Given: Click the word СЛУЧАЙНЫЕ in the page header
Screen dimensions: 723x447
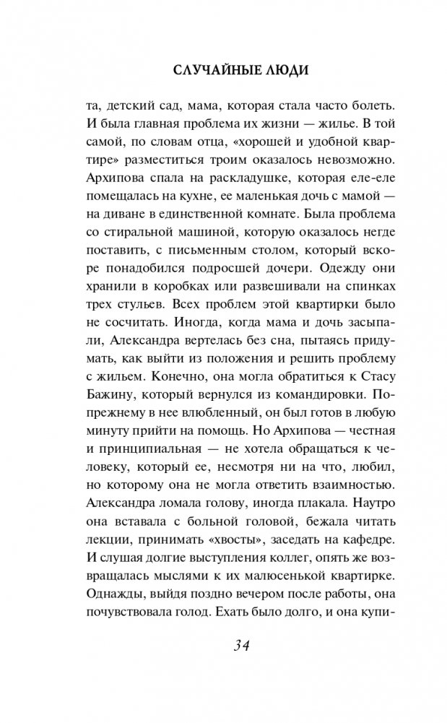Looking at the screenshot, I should [206, 72].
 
